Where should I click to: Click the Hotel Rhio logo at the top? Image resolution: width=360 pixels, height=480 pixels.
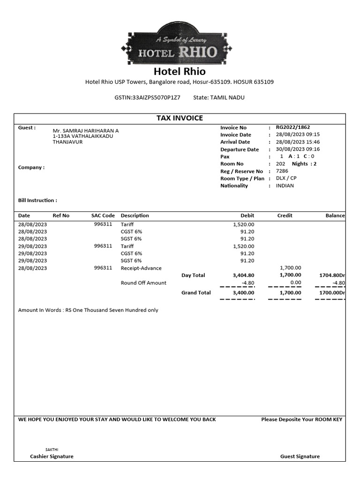coord(172,45)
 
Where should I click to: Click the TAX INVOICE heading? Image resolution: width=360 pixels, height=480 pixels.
coord(180,118)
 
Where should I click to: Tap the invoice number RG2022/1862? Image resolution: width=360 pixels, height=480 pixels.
coord(293,127)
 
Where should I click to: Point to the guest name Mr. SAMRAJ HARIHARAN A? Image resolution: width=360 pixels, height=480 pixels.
coord(86,131)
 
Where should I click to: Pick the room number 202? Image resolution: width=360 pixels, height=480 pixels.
coord(280,164)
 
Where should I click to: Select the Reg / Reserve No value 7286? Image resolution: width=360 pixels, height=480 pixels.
coord(282,171)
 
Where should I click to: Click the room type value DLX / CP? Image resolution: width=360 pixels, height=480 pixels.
coord(286,178)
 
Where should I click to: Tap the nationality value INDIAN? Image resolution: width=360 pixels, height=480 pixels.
coord(285,186)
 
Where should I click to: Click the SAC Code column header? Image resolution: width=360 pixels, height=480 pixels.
coord(103,216)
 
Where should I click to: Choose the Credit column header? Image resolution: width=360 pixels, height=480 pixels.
coord(285,216)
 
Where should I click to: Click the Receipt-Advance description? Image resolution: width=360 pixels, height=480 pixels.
coord(141,268)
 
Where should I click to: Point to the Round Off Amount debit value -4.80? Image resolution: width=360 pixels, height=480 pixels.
coord(247,283)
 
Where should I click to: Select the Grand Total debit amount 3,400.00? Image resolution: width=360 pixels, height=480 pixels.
coord(243,292)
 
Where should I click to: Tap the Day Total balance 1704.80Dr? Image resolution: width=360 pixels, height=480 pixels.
coord(332,276)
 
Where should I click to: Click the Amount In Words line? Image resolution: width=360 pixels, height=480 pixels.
coord(88,310)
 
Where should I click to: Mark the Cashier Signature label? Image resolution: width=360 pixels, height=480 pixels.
coord(52,456)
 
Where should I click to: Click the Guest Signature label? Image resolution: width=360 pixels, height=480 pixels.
coord(300,456)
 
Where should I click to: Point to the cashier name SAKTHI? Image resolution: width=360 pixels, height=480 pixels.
coord(52,449)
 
